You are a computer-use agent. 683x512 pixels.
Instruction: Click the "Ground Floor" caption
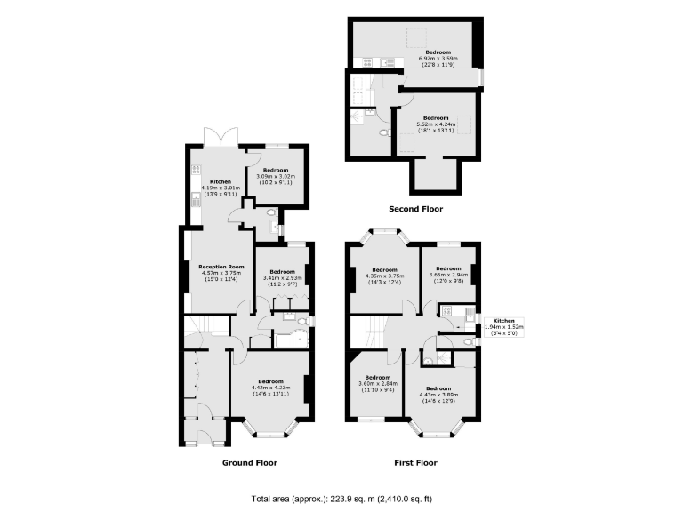(x=249, y=462)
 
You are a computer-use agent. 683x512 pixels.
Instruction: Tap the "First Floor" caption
(x=415, y=462)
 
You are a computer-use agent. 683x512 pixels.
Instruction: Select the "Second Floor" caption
(x=415, y=209)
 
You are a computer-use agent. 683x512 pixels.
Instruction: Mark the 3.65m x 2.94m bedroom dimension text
(x=447, y=275)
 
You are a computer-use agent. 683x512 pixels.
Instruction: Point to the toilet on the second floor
(x=382, y=133)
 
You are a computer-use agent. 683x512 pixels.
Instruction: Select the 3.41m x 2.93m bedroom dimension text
(x=283, y=277)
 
